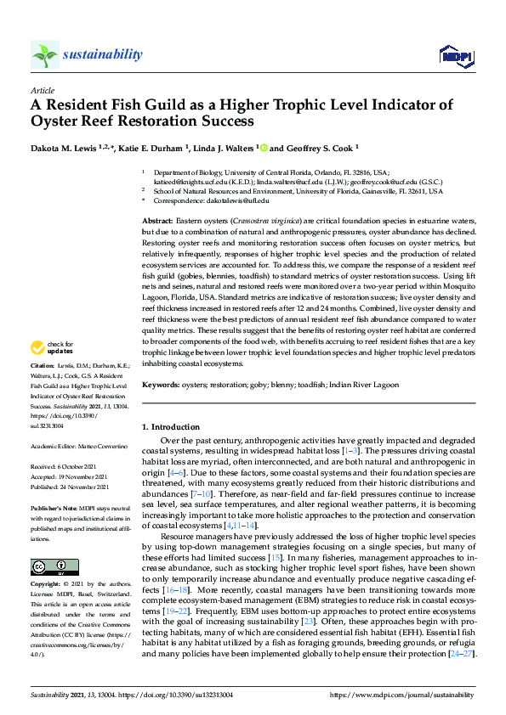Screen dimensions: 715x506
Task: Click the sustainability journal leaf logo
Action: [45, 55]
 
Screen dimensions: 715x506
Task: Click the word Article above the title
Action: [43, 89]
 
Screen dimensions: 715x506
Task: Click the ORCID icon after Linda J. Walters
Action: [264, 146]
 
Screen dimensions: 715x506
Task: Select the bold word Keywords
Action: [161, 385]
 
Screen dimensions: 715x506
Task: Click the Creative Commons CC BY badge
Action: [43, 566]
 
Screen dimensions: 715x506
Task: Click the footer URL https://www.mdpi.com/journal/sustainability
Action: [401, 694]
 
